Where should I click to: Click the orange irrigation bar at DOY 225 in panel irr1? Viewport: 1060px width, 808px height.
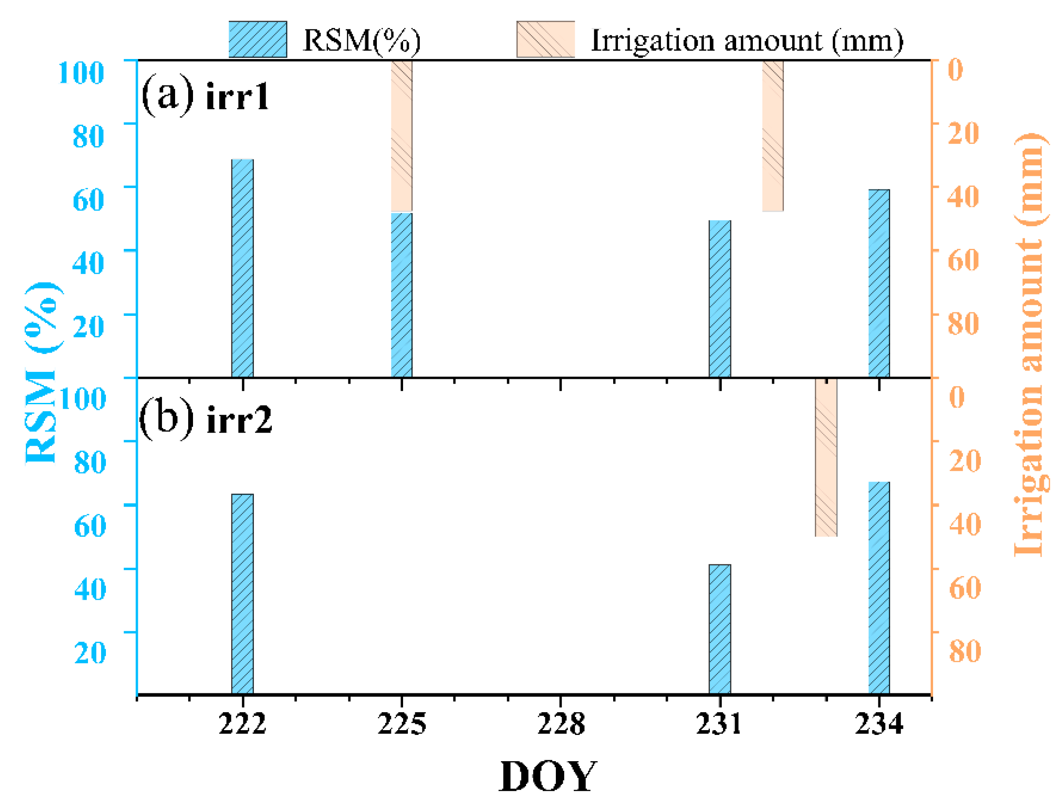tap(401, 136)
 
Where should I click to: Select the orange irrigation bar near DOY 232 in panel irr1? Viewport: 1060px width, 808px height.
tap(773, 136)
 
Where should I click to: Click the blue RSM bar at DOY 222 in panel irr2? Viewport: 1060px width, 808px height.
tap(242, 594)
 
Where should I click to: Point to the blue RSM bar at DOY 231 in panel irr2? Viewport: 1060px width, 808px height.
tap(720, 629)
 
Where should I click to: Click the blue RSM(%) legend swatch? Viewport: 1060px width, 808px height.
tap(257, 39)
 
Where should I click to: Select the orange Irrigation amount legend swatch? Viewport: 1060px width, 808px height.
tap(545, 39)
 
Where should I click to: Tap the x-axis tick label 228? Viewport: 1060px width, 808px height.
tap(561, 724)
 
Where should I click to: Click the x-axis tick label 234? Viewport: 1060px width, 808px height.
tap(879, 724)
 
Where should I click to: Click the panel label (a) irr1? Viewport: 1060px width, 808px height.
tap(205, 95)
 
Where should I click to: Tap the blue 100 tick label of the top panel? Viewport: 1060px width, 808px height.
tap(81, 73)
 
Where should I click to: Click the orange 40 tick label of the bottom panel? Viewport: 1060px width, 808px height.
tap(965, 523)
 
